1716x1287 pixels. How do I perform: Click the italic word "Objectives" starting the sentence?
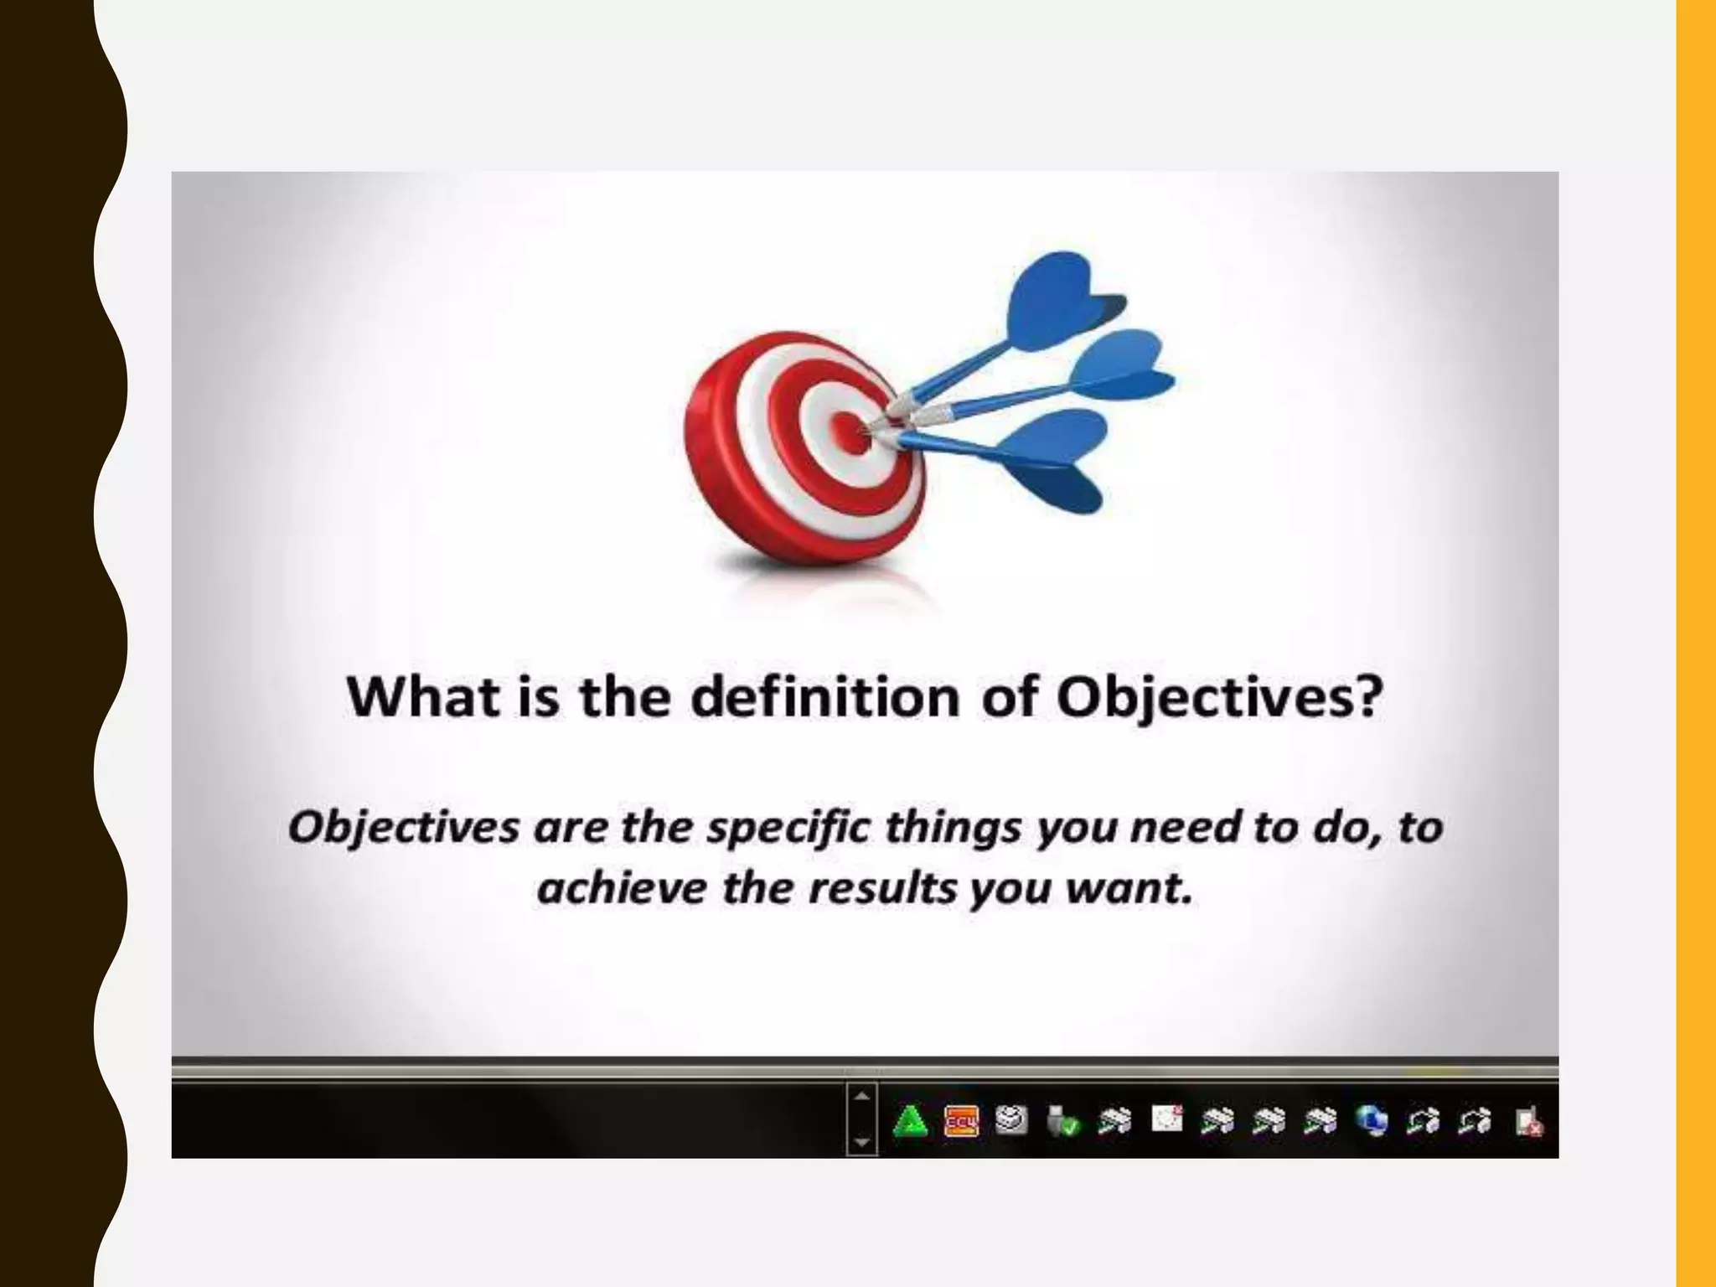(x=403, y=828)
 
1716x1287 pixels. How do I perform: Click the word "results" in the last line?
(x=883, y=887)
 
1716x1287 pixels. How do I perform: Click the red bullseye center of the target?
(x=848, y=431)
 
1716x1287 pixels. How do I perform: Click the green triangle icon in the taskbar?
(x=910, y=1121)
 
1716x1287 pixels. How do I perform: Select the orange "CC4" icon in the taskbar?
(x=961, y=1121)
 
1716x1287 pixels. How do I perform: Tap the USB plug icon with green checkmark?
(x=1062, y=1121)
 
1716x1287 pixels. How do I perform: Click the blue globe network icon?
(x=1372, y=1121)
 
